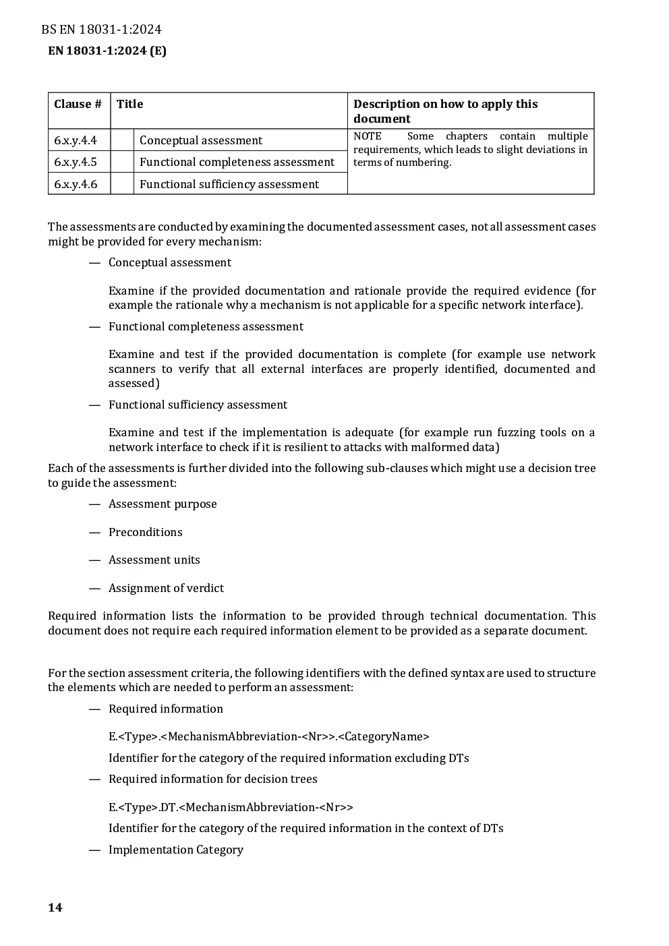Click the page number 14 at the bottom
click(55, 908)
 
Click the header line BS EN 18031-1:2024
click(101, 29)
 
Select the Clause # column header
click(78, 104)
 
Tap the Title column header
click(130, 104)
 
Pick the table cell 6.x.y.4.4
click(76, 140)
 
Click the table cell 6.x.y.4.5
click(76, 162)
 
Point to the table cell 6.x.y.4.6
click(76, 184)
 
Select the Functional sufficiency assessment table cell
click(229, 184)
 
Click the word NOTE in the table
click(368, 136)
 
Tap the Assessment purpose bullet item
click(163, 504)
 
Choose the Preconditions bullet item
click(146, 532)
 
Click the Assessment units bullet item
click(154, 560)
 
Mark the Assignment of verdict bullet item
click(166, 588)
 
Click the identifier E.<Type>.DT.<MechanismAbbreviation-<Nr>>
click(231, 807)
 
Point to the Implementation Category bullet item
click(176, 850)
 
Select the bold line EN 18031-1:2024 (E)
click(107, 51)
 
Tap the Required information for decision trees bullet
click(213, 779)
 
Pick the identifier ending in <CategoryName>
click(269, 736)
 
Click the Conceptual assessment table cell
click(201, 140)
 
